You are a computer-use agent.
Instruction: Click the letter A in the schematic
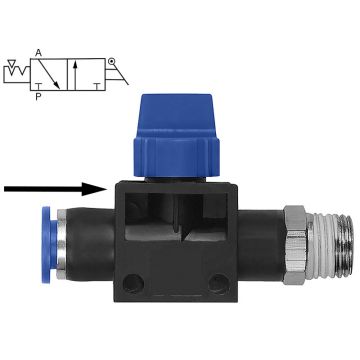pyautogui.click(x=38, y=53)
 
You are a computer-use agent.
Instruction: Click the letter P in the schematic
pyautogui.click(x=38, y=97)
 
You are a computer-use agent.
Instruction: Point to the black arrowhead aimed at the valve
pyautogui.click(x=95, y=189)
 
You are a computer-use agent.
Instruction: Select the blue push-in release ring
pyautogui.click(x=47, y=245)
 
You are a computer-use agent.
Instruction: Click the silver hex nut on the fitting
pyautogui.click(x=295, y=245)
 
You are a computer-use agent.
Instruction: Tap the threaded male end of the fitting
pyautogui.click(x=329, y=246)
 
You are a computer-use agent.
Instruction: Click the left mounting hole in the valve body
pyautogui.click(x=133, y=284)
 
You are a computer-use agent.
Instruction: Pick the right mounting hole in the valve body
pyautogui.click(x=219, y=284)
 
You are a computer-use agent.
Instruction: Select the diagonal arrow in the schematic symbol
pyautogui.click(x=49, y=74)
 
